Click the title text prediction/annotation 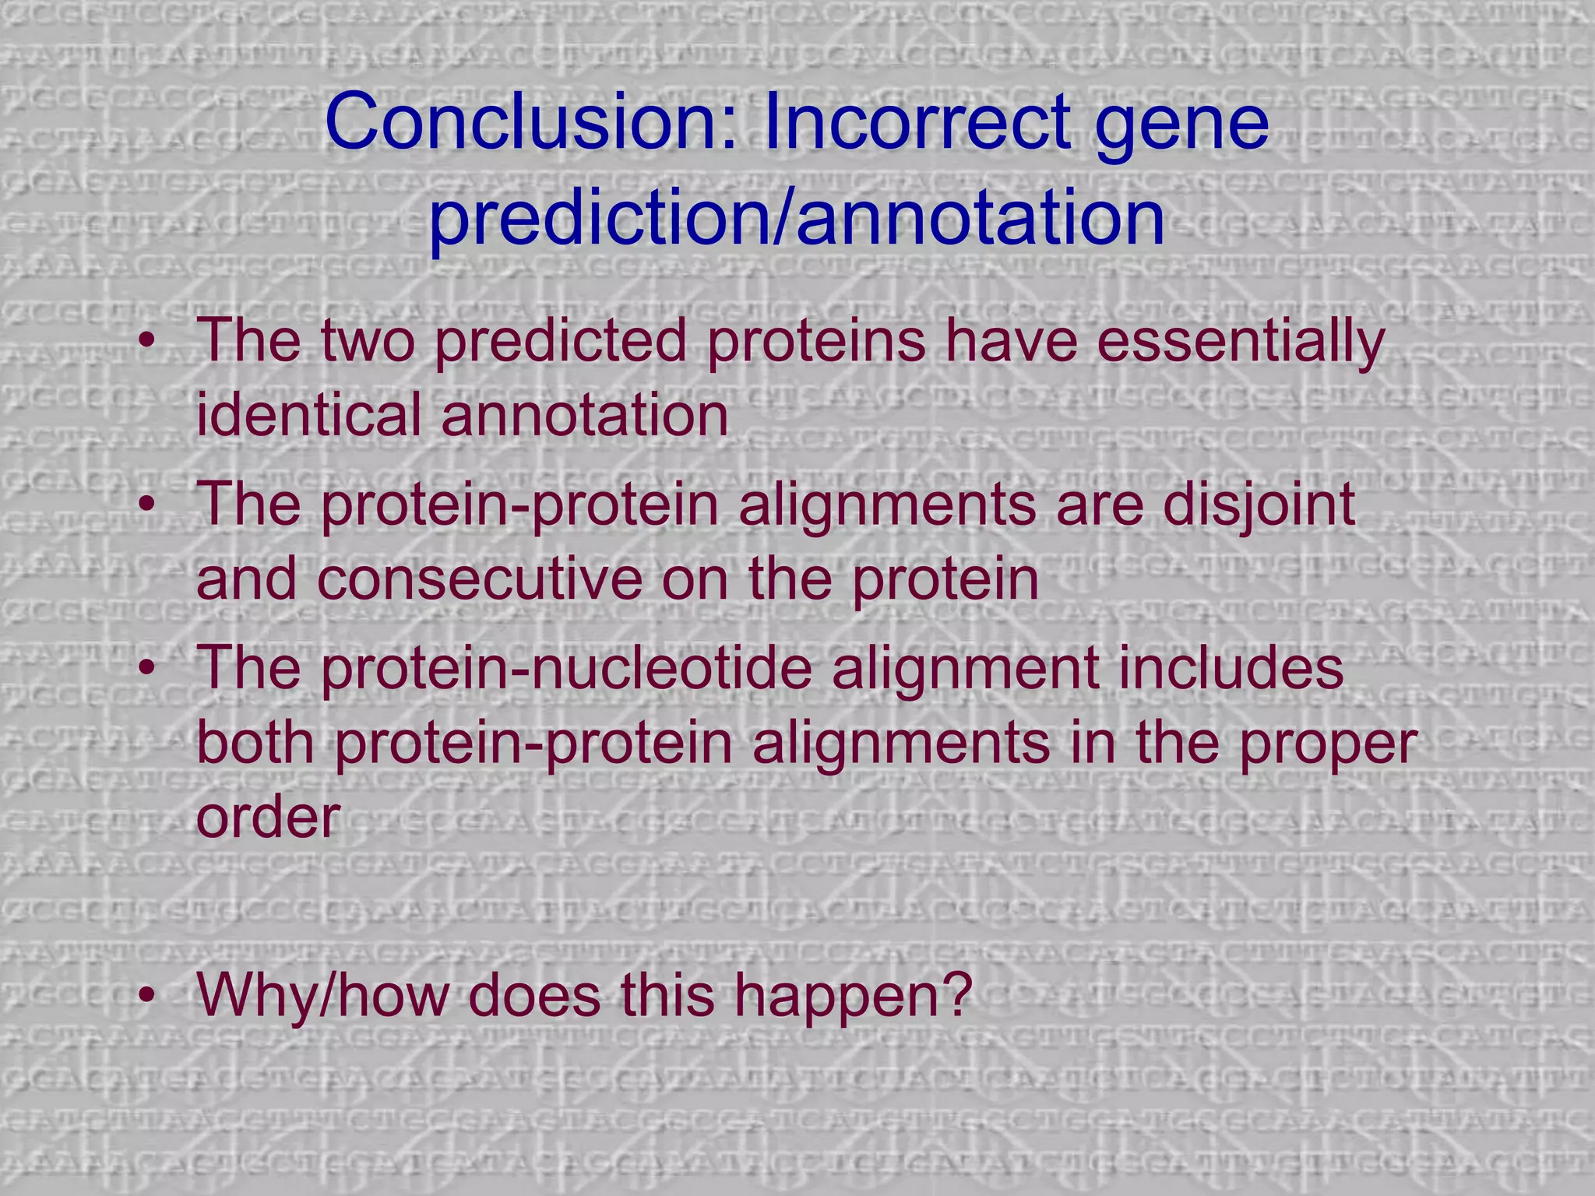(x=797, y=217)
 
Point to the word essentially (x=1241, y=343)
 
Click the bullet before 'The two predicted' (x=147, y=342)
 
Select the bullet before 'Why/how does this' (x=147, y=996)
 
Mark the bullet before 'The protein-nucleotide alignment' (x=147, y=669)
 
